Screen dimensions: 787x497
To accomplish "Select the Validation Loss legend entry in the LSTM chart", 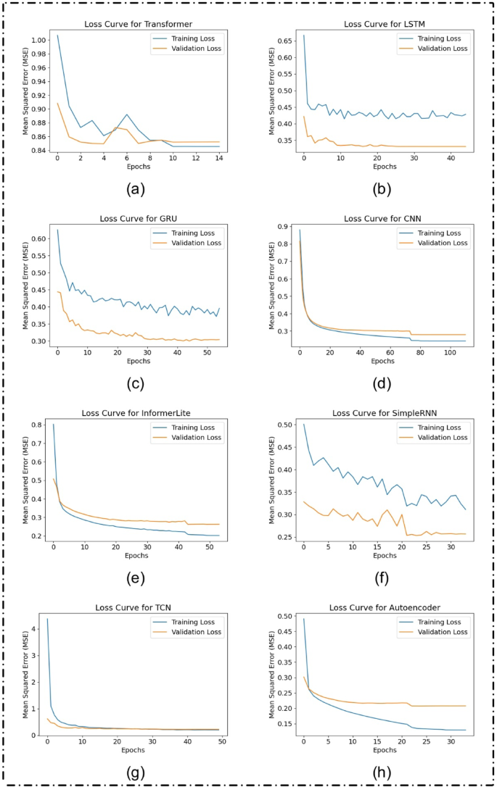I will [438, 49].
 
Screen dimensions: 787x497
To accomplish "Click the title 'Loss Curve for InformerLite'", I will [139, 413].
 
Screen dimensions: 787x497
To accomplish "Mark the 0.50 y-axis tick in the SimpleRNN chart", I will [284, 425].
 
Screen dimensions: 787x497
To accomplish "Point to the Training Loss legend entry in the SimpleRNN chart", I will [440, 427].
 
